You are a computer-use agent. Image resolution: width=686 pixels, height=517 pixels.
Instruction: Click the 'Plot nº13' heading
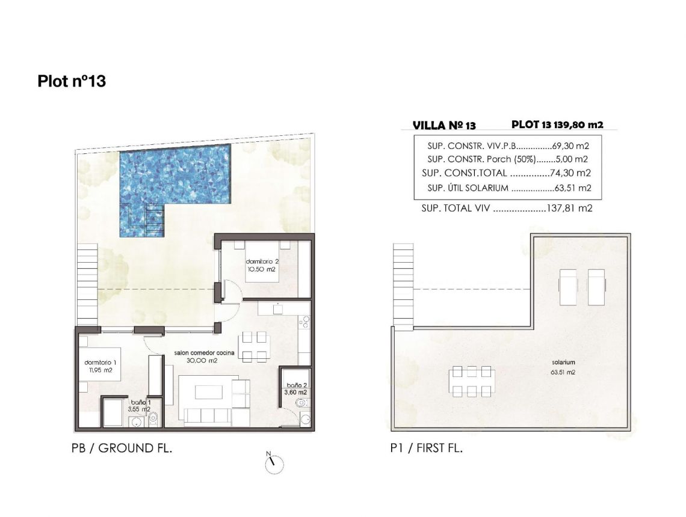click(x=72, y=81)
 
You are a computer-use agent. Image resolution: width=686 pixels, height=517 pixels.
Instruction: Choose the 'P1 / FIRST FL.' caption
click(x=426, y=448)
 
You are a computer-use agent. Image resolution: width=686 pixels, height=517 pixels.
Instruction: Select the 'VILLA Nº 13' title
click(x=444, y=126)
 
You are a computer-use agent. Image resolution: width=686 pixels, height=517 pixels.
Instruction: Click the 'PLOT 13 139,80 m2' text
click(x=557, y=125)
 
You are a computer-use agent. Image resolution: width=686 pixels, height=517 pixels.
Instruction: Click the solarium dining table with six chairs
click(x=472, y=382)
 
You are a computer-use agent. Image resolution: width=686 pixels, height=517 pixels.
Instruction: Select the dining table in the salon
click(x=253, y=347)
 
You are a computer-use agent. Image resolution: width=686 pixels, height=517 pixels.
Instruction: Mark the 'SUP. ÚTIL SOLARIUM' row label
click(x=468, y=188)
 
